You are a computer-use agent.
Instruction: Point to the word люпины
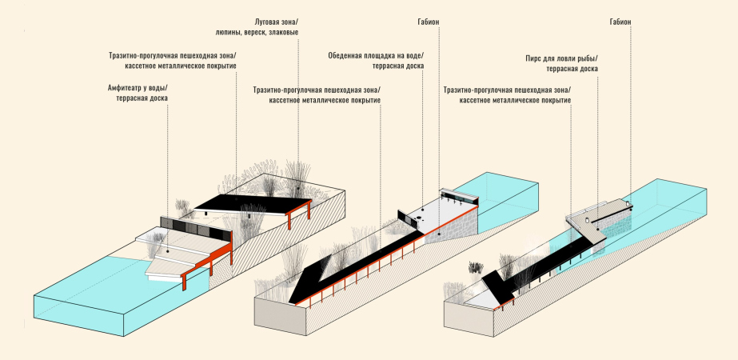233,32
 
